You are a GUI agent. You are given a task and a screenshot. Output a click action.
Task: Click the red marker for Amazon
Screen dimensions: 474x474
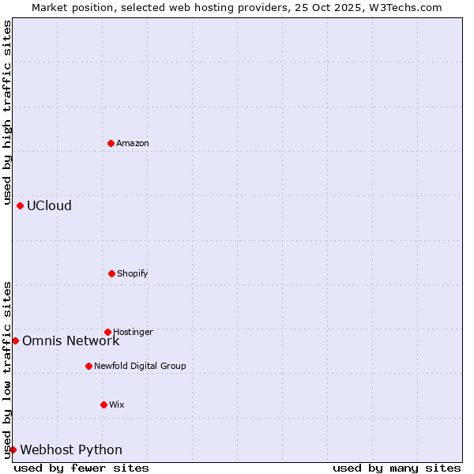click(x=111, y=143)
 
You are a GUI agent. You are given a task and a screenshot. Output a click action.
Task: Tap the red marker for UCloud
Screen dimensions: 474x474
click(x=20, y=205)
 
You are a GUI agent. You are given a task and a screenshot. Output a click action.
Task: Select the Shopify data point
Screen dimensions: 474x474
click(x=111, y=273)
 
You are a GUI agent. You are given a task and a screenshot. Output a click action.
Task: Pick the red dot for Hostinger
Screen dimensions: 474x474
click(x=107, y=332)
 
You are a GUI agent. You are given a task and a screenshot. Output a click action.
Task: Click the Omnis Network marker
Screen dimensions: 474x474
click(x=15, y=340)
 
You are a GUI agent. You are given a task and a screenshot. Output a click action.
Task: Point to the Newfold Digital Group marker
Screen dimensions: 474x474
click(x=88, y=366)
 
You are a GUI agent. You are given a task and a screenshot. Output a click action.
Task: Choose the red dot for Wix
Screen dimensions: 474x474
click(x=103, y=404)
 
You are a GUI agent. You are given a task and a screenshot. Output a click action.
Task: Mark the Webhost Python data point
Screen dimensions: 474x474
click(x=13, y=450)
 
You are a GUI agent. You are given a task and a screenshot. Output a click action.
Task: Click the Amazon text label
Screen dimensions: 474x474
click(x=133, y=143)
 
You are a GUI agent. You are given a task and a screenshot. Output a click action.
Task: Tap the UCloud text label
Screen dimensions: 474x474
click(x=49, y=206)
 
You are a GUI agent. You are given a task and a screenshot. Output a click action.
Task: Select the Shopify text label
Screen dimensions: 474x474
click(x=133, y=273)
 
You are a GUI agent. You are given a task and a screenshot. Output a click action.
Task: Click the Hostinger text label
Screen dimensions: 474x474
click(x=133, y=332)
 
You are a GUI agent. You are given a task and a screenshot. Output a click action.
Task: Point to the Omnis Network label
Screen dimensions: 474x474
click(x=70, y=341)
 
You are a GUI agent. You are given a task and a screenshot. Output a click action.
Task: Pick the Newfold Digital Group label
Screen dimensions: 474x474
click(x=140, y=366)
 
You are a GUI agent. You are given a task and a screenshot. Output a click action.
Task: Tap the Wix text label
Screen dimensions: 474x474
click(x=117, y=404)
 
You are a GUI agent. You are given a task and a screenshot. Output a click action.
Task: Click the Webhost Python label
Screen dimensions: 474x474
click(x=71, y=450)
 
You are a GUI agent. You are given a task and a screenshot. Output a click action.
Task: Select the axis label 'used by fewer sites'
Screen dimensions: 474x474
click(x=81, y=468)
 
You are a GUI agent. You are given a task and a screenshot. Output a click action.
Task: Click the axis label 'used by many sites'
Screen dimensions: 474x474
click(x=397, y=468)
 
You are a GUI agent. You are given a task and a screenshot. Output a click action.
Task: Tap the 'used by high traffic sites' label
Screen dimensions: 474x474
click(x=8, y=113)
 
